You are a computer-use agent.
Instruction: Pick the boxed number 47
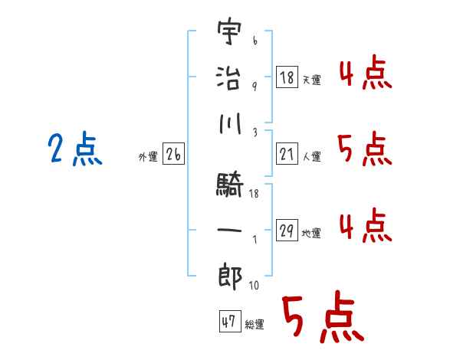click(x=228, y=322)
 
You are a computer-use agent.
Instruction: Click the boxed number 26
click(x=173, y=155)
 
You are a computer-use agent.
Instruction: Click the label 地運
click(x=311, y=234)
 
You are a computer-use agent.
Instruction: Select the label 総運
click(x=255, y=325)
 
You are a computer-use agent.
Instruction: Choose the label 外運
click(x=148, y=157)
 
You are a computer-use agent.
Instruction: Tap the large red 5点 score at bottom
click(x=320, y=318)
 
